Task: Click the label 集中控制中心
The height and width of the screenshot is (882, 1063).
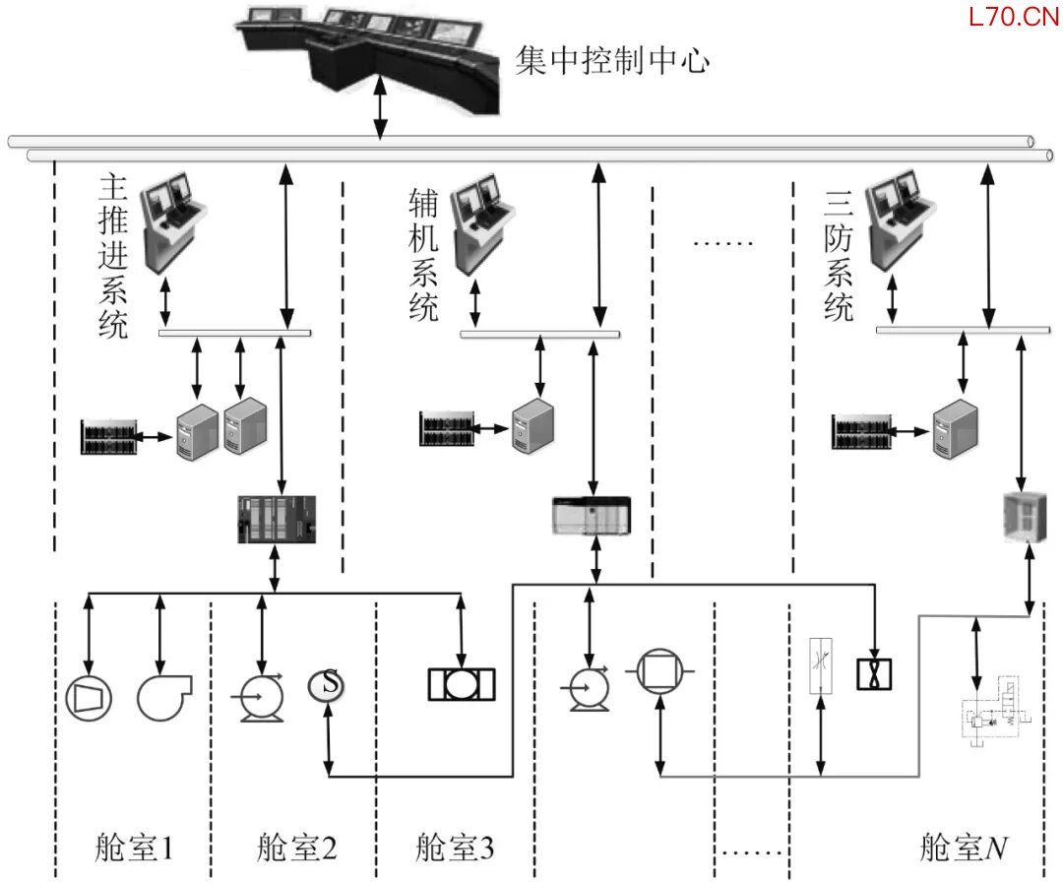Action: click(611, 62)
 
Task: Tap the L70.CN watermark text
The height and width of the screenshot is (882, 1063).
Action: click(1012, 17)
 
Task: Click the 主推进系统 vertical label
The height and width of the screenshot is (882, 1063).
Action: click(114, 257)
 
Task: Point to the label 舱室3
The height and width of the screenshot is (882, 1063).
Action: click(454, 847)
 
